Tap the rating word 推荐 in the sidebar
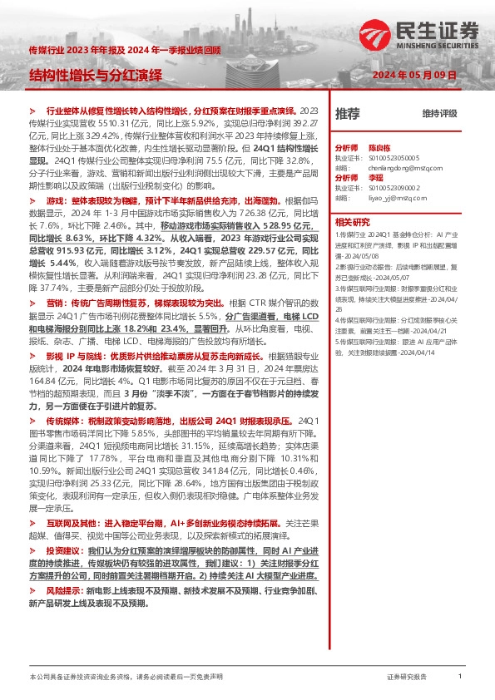click(x=348, y=113)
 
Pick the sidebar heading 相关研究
click(x=352, y=223)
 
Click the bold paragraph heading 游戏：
click(x=56, y=201)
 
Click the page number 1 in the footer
click(x=460, y=678)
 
